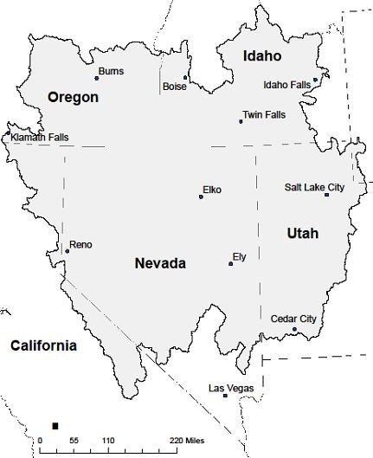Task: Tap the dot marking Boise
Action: (184, 77)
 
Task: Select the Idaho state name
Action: (262, 56)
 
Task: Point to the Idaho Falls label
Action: (286, 85)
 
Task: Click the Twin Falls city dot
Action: (241, 121)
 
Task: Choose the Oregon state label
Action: (73, 98)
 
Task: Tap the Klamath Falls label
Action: (40, 137)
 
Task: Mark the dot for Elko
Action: (201, 197)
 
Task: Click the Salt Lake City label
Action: (314, 187)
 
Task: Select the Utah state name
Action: (302, 234)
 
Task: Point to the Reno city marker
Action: (67, 252)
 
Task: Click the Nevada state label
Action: (160, 263)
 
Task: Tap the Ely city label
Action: (240, 256)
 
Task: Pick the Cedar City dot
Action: (294, 329)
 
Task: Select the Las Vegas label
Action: (231, 388)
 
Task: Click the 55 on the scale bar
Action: (74, 442)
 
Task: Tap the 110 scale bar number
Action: (107, 442)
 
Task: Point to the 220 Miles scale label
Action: (187, 442)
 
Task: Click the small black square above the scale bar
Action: (55, 425)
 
